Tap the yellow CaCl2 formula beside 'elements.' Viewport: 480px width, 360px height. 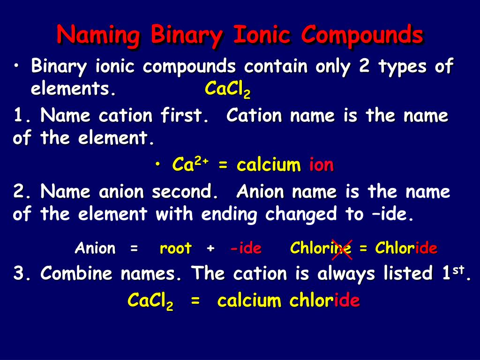pos(227,89)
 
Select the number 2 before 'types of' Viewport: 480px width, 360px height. pos(364,67)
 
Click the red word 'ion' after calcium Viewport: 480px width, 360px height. pos(321,165)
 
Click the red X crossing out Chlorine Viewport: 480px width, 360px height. pos(342,248)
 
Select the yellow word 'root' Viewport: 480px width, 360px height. pos(175,248)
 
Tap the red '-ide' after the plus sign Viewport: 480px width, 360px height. pos(246,248)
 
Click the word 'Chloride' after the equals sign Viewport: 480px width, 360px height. pos(406,248)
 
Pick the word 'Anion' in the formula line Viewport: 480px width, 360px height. pos(95,248)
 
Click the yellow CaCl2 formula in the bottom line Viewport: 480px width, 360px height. pos(150,301)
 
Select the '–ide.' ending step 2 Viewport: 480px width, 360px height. pos(391,214)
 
